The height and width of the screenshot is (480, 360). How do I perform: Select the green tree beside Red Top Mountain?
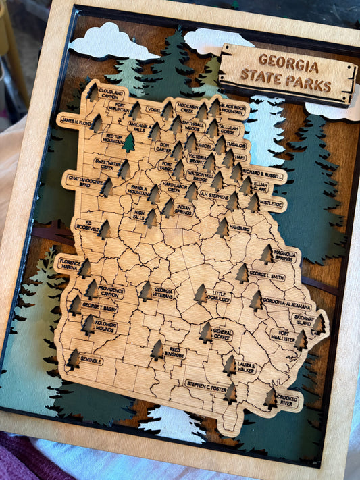(128, 142)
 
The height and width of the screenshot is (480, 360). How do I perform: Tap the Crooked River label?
(288, 398)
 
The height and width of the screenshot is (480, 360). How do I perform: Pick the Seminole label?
(91, 361)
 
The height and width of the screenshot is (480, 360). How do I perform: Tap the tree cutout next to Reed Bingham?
(157, 349)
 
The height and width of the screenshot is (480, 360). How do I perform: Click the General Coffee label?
(222, 334)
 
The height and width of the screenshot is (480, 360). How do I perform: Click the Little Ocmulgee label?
(221, 296)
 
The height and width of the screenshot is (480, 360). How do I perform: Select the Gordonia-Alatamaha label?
(286, 305)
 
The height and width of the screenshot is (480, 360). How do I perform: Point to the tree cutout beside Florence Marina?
(84, 268)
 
